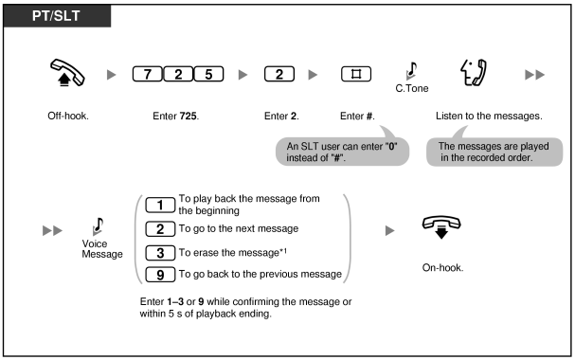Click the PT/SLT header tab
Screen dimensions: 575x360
(57, 16)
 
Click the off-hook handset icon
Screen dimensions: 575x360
(67, 73)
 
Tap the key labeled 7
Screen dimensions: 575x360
(147, 74)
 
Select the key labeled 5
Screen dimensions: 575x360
(208, 74)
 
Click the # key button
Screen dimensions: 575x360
(356, 74)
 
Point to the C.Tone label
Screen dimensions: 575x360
(412, 88)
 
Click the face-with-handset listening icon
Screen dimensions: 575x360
(474, 73)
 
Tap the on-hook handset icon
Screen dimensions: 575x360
(441, 227)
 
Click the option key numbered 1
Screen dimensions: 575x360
(160, 205)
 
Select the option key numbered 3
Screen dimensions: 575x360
(160, 253)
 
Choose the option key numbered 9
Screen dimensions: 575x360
(160, 275)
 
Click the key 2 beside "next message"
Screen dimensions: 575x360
(160, 229)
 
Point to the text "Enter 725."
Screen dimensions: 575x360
(175, 117)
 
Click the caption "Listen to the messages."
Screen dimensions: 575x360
(489, 117)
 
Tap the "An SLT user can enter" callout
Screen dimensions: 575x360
(342, 151)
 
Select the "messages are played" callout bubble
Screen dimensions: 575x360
(494, 152)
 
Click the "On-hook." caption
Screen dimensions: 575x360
(442, 267)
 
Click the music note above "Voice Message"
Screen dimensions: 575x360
(98, 226)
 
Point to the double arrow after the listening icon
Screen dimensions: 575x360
(534, 75)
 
